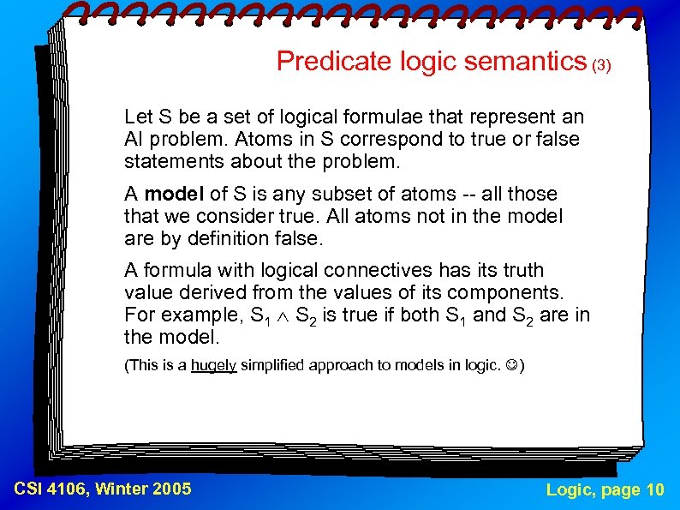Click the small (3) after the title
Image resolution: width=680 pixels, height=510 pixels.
[602, 65]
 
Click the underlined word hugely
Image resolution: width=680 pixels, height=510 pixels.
[213, 365]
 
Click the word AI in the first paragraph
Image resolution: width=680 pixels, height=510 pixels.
[134, 139]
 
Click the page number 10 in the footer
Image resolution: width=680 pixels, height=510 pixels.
[654, 489]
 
